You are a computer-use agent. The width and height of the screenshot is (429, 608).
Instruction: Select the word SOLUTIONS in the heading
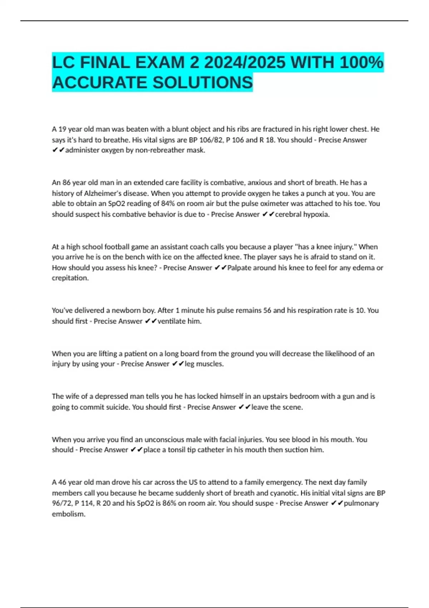click(203, 83)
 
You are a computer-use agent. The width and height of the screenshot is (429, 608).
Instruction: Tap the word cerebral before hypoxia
click(288, 214)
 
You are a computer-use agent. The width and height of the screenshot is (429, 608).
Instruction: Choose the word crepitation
click(70, 278)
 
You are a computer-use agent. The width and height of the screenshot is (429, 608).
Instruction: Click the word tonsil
click(177, 450)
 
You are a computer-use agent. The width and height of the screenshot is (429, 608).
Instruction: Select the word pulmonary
click(361, 503)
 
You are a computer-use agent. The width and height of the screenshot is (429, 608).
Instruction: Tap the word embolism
click(68, 514)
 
